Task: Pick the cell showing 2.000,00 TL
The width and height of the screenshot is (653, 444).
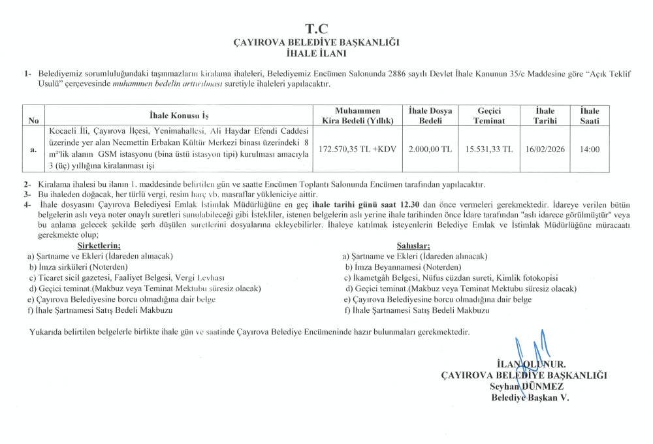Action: click(x=430, y=150)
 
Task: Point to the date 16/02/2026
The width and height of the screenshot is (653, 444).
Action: click(x=545, y=150)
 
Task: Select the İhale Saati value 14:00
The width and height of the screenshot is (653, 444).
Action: click(x=590, y=150)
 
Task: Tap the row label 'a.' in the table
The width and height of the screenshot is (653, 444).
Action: click(x=33, y=150)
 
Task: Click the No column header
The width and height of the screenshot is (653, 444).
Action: click(x=33, y=121)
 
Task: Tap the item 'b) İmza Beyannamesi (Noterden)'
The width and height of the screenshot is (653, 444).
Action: click(x=403, y=267)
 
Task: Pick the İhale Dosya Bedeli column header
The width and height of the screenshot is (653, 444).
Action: click(x=430, y=116)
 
